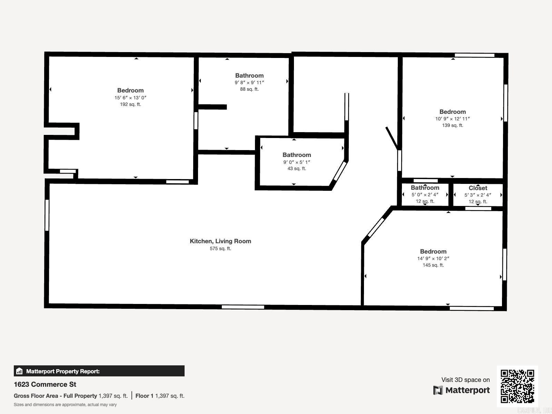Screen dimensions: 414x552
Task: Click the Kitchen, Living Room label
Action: (220, 241)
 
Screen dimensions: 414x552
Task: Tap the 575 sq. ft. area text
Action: (220, 248)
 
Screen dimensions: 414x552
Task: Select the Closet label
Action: (478, 188)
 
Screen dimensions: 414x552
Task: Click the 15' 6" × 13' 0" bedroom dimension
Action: (130, 98)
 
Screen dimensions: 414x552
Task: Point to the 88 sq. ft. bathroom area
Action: (249, 89)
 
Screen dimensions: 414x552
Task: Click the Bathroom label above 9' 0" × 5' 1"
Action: (297, 155)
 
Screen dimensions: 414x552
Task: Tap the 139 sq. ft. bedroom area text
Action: (452, 125)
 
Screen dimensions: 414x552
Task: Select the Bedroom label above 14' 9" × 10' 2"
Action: (433, 252)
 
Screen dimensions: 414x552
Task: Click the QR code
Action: (517, 386)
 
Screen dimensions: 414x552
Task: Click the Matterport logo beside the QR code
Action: (462, 390)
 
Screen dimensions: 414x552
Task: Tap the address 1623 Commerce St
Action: (45, 384)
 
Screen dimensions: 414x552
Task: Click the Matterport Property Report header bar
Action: (99, 371)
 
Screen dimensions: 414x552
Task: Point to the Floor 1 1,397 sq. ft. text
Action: (160, 396)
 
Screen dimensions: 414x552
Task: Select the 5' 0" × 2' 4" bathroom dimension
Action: (425, 195)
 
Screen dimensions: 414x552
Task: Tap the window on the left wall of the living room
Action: (47, 215)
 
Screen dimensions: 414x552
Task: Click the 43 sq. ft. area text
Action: (297, 168)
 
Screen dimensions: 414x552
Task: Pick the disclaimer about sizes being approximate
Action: (65, 405)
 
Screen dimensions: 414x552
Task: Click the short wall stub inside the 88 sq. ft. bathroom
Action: (213, 107)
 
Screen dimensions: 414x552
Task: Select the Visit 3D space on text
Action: (465, 379)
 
